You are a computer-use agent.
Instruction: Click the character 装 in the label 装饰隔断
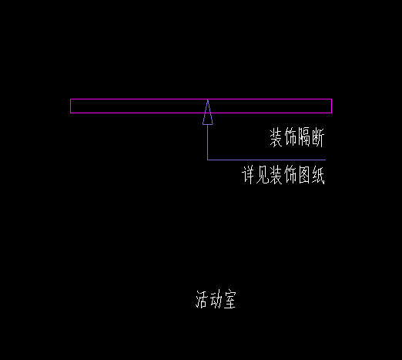click(x=276, y=137)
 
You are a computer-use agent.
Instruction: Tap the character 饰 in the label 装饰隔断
click(x=290, y=137)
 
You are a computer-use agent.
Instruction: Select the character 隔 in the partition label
click(x=304, y=137)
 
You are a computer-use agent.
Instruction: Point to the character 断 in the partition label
click(x=318, y=137)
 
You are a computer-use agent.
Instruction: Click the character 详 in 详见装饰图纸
click(x=249, y=175)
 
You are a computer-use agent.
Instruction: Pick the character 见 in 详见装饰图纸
click(x=263, y=175)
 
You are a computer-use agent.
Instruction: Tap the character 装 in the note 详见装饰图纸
click(x=276, y=175)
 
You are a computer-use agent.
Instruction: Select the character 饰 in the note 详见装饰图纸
click(x=290, y=175)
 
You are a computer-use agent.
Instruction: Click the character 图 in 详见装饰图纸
click(x=304, y=175)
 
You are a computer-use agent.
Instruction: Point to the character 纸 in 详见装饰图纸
click(x=318, y=175)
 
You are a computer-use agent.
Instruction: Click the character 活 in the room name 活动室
click(x=202, y=299)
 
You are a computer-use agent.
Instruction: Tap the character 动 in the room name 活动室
click(x=216, y=299)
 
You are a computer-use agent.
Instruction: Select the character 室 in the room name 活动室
click(x=229, y=299)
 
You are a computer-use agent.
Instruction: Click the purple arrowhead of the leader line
click(x=208, y=113)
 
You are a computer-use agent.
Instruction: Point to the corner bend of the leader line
click(x=208, y=160)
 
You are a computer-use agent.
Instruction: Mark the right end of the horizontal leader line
click(x=326, y=160)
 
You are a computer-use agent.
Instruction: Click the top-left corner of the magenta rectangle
click(x=71, y=99)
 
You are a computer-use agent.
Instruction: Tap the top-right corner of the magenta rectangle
click(x=332, y=99)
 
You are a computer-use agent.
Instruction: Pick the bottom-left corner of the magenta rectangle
click(x=71, y=113)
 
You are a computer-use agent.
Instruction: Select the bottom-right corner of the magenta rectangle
click(x=332, y=113)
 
